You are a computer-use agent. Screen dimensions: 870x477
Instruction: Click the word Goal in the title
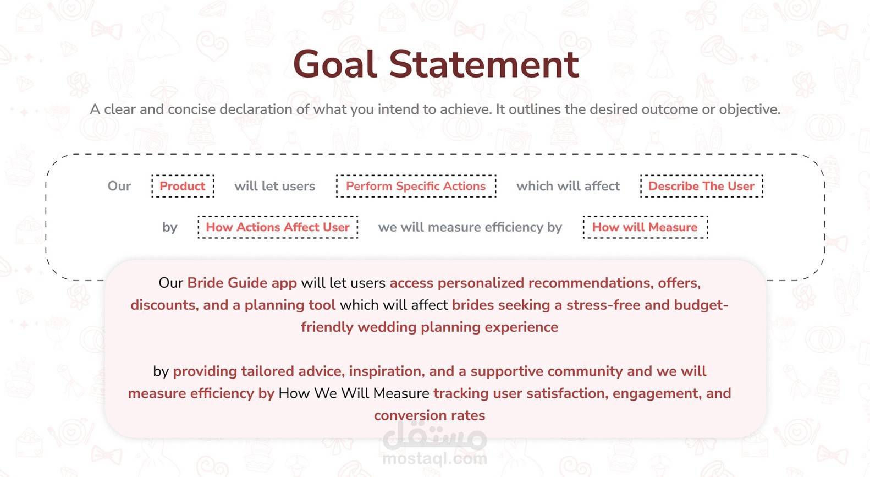pyautogui.click(x=335, y=64)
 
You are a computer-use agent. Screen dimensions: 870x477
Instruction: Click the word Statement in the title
pyautogui.click(x=484, y=64)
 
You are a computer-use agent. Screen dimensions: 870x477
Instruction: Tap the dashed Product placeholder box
pyautogui.click(x=183, y=186)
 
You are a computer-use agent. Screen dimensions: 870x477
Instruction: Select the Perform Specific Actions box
pyautogui.click(x=416, y=186)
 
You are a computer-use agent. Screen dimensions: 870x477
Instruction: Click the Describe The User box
pyautogui.click(x=701, y=186)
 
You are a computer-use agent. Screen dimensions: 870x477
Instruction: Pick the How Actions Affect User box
pyautogui.click(x=278, y=227)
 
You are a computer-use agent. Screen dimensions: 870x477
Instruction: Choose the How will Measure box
pyautogui.click(x=645, y=227)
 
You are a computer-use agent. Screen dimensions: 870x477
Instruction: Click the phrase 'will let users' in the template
pyautogui.click(x=274, y=186)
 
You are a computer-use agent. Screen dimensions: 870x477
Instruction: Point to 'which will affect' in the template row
pyautogui.click(x=568, y=186)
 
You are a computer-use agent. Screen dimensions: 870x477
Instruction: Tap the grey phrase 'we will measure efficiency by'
pyautogui.click(x=470, y=227)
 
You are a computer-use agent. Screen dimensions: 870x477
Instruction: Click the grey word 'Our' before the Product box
pyautogui.click(x=119, y=186)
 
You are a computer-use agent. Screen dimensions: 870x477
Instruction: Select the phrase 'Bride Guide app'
pyautogui.click(x=242, y=283)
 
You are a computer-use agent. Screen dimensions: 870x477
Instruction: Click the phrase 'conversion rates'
pyautogui.click(x=430, y=415)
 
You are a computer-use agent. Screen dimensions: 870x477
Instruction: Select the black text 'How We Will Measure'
pyautogui.click(x=354, y=393)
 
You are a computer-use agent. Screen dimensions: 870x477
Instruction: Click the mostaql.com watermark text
pyautogui.click(x=434, y=459)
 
